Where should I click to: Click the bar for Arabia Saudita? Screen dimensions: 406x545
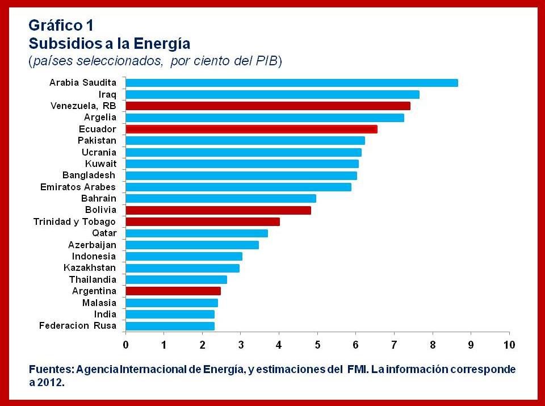click(291, 83)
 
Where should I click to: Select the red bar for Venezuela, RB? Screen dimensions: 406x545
click(267, 106)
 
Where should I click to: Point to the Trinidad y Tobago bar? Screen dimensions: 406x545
click(202, 221)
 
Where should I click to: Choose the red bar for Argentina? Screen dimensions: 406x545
click(173, 291)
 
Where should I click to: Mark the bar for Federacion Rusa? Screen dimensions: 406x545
click(170, 326)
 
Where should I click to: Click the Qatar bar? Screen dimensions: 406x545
click(196, 233)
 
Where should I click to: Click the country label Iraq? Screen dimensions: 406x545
click(107, 94)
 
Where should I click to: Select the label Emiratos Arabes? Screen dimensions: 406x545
click(78, 187)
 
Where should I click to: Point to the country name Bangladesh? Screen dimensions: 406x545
click(89, 175)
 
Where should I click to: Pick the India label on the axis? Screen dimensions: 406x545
click(105, 314)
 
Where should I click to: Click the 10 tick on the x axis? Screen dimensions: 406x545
click(509, 345)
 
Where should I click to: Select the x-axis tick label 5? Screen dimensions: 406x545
click(317, 345)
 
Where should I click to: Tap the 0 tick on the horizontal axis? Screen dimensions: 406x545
click(125, 345)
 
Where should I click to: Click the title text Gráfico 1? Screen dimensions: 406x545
click(61, 26)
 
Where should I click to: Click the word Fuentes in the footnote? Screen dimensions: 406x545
click(51, 370)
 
